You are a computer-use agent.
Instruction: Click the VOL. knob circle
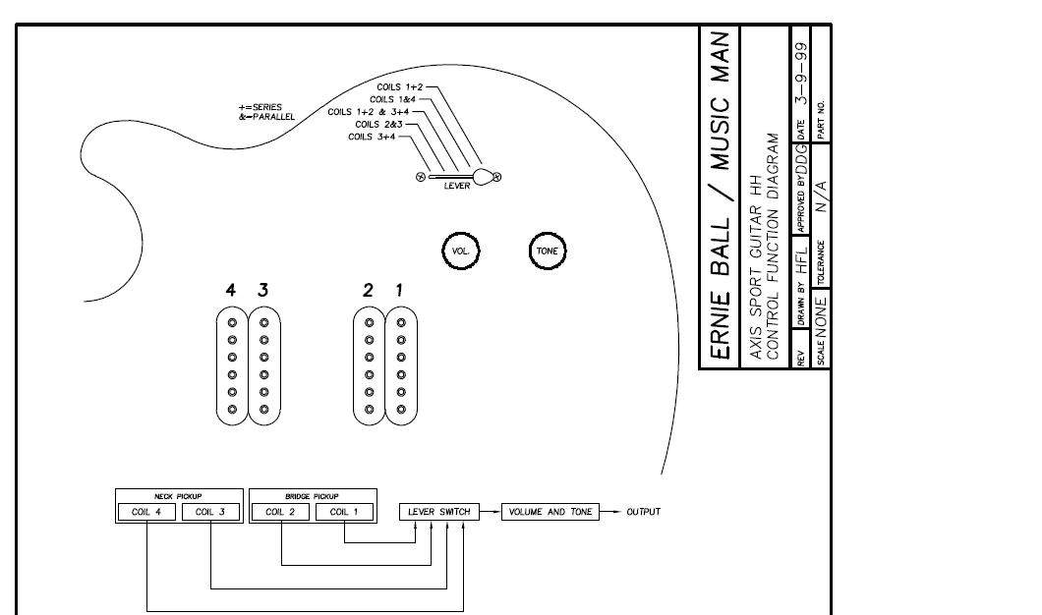460,251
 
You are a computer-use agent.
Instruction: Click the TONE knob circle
548,251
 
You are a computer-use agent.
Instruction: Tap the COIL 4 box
146,512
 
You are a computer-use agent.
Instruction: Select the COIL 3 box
210,512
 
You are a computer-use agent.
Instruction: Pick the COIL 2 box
281,512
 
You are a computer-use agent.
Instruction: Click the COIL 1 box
345,512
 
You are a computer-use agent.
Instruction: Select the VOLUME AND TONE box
550,512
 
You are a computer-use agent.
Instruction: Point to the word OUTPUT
644,512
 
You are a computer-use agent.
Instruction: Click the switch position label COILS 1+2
399,87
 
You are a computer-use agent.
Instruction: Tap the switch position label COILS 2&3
377,125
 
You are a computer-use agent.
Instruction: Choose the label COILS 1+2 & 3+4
369,112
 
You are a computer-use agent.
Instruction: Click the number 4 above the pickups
231,290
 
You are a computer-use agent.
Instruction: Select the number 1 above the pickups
399,290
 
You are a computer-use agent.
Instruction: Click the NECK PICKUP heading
178,496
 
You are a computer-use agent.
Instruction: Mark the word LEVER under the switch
456,186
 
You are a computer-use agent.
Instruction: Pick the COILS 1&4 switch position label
392,99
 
